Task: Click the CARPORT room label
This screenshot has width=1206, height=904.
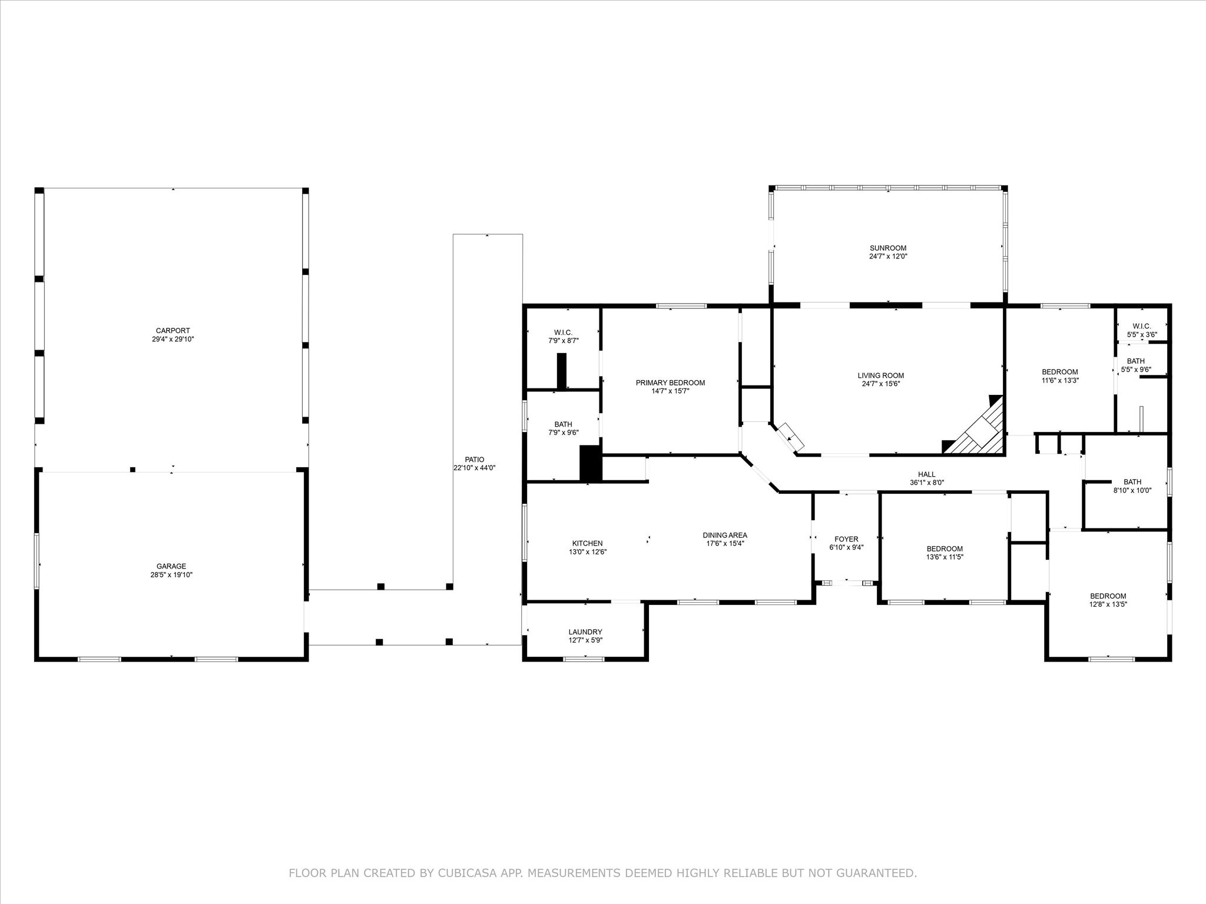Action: click(173, 331)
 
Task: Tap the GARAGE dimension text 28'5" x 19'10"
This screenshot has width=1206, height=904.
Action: click(171, 575)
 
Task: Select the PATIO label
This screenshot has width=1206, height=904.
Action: click(475, 460)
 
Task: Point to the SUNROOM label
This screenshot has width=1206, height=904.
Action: click(888, 248)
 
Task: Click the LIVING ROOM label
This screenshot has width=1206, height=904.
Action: click(881, 375)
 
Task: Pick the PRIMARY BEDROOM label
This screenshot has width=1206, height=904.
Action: click(670, 383)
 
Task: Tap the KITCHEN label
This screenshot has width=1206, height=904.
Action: click(588, 543)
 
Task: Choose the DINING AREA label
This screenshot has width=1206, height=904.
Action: click(725, 535)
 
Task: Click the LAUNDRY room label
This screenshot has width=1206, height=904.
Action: click(585, 632)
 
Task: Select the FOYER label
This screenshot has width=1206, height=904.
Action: click(846, 539)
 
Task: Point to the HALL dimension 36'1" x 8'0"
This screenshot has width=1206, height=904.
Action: click(927, 483)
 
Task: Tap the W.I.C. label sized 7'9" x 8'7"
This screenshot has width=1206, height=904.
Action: click(563, 333)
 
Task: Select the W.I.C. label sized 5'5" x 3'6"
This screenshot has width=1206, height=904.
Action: click(1142, 327)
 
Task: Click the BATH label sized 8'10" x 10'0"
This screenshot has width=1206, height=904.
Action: click(1132, 482)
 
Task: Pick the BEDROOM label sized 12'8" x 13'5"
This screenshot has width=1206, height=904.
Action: click(1108, 596)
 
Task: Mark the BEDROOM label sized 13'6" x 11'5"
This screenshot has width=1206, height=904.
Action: click(945, 549)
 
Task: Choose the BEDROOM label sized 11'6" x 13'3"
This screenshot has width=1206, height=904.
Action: click(1060, 372)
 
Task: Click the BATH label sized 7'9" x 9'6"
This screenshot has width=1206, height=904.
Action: click(563, 424)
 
